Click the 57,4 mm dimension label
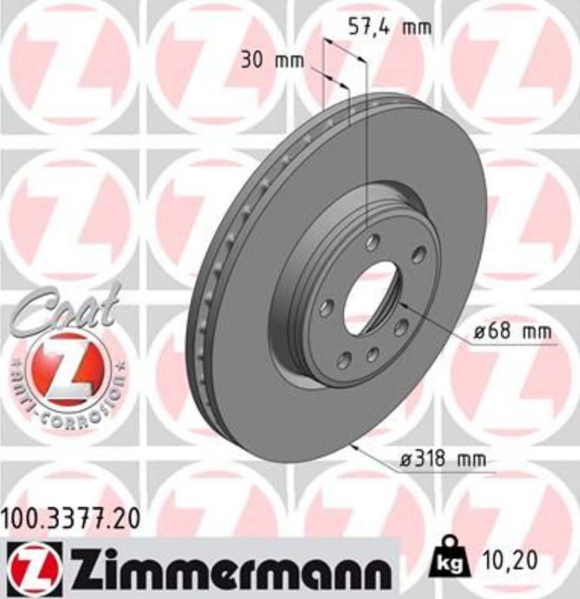pyautogui.click(x=390, y=28)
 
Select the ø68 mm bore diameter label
pyautogui.click(x=513, y=332)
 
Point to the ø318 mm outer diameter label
pyautogui.click(x=442, y=459)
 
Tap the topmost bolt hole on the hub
pyautogui.click(x=373, y=241)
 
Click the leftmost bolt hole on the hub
pyautogui.click(x=327, y=307)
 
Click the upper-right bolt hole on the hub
pyautogui.click(x=418, y=255)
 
